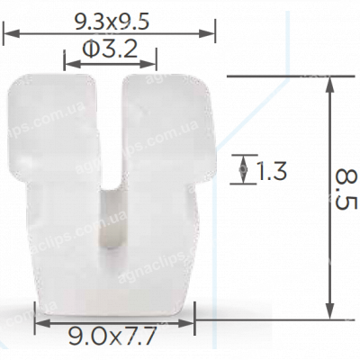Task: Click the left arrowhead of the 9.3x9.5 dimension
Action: [10, 33]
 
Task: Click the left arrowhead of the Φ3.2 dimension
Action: [68, 63]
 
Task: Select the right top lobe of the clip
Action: [166, 126]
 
